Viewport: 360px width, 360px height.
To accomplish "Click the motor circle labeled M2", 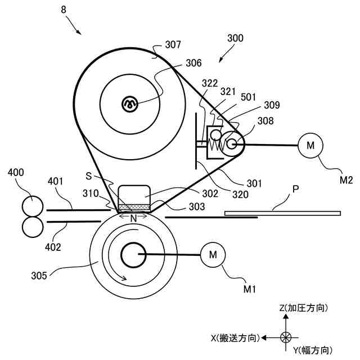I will click(x=310, y=145).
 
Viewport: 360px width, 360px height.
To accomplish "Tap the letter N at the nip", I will click(x=134, y=217).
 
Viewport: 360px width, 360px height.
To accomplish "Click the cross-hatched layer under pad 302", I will click(x=134, y=207).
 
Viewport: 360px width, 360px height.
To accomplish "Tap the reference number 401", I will click(x=56, y=182).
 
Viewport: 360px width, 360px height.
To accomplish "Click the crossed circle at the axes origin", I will click(x=286, y=337).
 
